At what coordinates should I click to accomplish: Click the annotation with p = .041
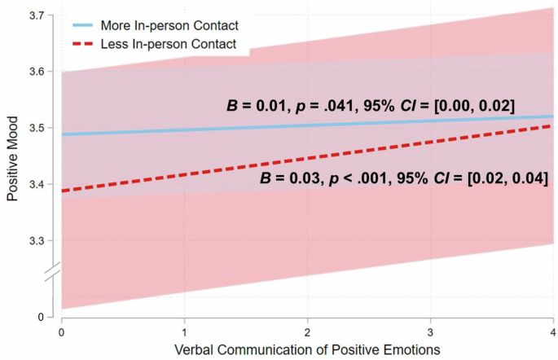[x=370, y=107]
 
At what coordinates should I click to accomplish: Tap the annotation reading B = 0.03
[x=403, y=178]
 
